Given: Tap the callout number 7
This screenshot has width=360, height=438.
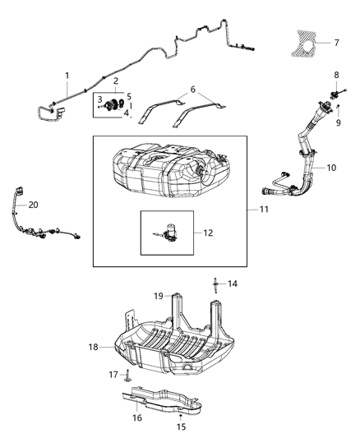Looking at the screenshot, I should click(336, 42).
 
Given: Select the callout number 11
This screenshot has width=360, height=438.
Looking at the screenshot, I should click(264, 210).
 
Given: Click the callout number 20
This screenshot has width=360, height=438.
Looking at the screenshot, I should click(33, 204).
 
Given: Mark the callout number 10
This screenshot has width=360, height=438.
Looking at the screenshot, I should click(331, 168).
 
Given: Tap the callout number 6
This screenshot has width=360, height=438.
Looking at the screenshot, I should click(193, 90).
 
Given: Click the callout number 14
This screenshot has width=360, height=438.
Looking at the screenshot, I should click(233, 284).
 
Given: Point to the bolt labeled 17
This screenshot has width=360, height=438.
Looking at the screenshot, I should click(127, 377).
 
